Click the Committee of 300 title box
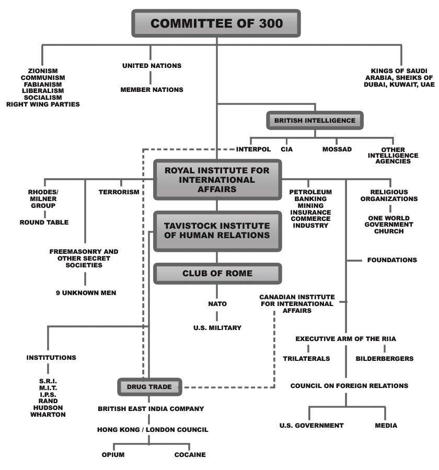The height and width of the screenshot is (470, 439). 217,24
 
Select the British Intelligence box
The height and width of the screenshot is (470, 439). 315,120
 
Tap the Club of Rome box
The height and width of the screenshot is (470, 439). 217,273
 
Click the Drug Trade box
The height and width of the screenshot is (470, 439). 149,387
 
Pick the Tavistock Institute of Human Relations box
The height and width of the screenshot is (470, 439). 217,230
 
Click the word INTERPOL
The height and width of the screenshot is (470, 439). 253,149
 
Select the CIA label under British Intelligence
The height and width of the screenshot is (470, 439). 286,149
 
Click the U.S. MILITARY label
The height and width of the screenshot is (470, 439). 217,328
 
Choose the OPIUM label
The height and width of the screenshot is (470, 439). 113,454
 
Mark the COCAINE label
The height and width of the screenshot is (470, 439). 190,454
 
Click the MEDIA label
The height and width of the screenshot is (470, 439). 386,425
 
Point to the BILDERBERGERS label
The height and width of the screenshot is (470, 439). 385,359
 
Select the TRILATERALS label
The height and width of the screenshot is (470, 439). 306,359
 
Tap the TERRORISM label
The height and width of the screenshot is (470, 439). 119,192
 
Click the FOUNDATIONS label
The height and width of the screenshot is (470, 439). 392,260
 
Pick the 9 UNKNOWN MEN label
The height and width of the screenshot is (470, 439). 86,292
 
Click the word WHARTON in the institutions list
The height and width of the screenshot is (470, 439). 49,415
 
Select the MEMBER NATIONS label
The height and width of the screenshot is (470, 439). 152,90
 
